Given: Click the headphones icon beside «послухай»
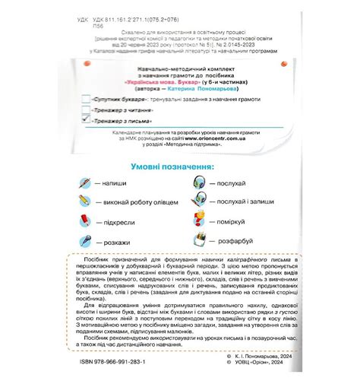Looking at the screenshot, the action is click(200, 183).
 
